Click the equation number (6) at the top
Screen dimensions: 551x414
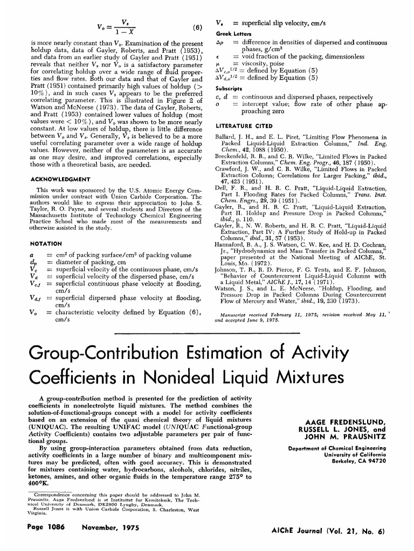coord(197,28)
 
